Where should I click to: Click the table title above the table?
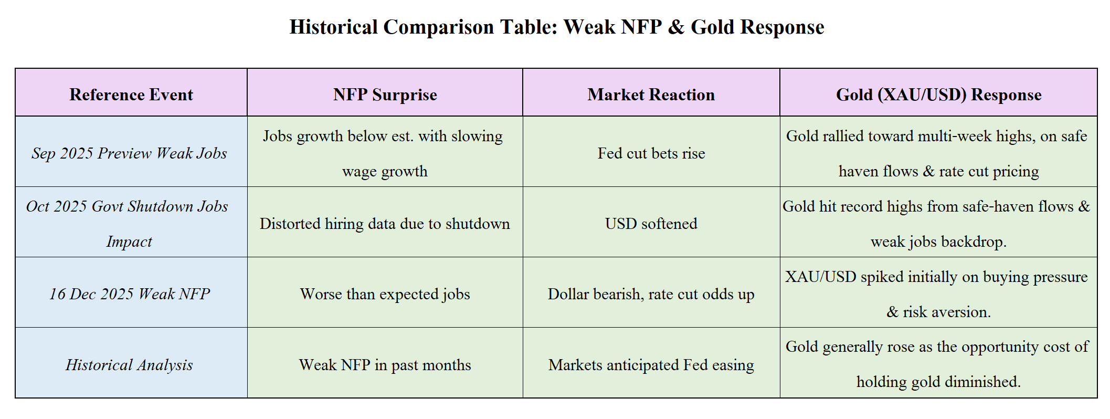[x=557, y=27]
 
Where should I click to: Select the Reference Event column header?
[x=131, y=95]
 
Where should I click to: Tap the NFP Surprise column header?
[x=385, y=95]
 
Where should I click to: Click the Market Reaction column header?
[x=651, y=95]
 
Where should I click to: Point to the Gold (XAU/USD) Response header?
[x=938, y=95]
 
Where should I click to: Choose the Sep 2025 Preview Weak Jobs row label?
[x=129, y=153]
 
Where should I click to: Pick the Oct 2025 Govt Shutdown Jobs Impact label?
[x=128, y=224]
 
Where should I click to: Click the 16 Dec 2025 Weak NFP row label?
[x=130, y=294]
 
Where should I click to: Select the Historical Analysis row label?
[x=129, y=365]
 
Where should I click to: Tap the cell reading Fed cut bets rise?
[x=651, y=153]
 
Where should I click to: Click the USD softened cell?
[x=651, y=224]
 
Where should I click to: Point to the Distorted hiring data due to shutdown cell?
[x=385, y=224]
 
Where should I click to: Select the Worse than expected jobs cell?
[x=385, y=294]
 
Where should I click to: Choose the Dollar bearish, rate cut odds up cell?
[x=651, y=294]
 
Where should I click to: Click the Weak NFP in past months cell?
[x=385, y=365]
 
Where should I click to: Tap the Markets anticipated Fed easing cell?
[x=651, y=365]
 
